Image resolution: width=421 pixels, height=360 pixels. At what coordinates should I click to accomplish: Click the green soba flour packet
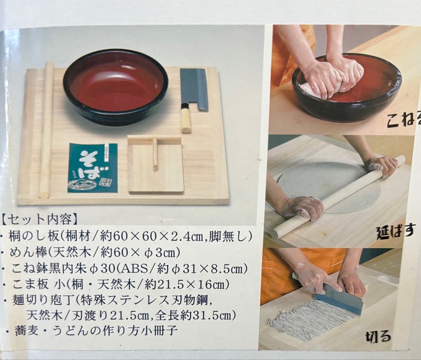92,168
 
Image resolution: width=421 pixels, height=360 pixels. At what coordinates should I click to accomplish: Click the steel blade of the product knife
194,89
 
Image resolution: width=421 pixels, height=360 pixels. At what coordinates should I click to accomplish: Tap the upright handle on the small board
155,154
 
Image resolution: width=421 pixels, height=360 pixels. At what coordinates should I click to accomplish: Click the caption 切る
378,336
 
